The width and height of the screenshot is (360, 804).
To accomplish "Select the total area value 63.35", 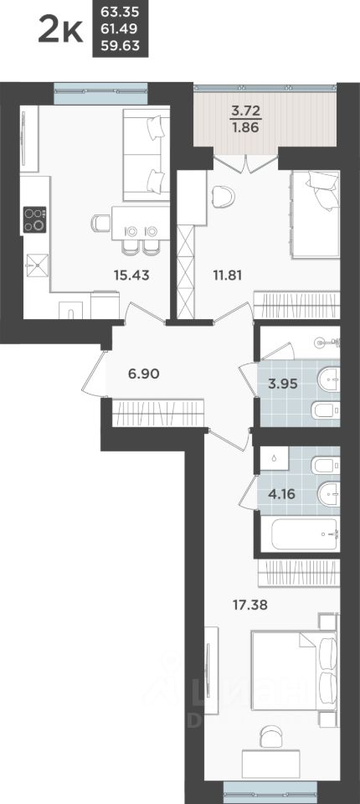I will tap(120, 13).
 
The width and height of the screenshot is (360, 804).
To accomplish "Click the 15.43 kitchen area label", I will tap(133, 273).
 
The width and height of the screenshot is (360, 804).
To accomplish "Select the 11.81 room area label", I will tap(221, 273).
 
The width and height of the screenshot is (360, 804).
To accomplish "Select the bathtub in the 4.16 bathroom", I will tap(300, 533).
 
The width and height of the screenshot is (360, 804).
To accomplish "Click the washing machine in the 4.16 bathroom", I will tap(274, 460).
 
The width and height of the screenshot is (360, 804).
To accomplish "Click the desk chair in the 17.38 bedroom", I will tap(270, 734).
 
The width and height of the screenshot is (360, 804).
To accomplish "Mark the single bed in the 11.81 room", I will tap(315, 209).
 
